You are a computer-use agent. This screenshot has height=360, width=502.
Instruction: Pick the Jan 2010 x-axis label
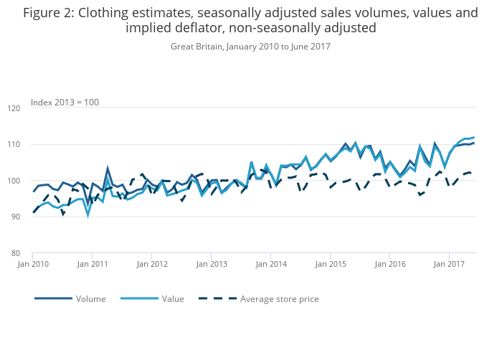click(x=33, y=264)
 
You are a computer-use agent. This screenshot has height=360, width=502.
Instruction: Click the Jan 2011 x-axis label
click(x=93, y=264)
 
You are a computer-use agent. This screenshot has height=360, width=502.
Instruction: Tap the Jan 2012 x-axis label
click(x=152, y=264)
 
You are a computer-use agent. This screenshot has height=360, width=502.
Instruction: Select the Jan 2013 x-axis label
click(x=212, y=264)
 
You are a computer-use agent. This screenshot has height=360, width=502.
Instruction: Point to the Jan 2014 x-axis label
click(x=270, y=264)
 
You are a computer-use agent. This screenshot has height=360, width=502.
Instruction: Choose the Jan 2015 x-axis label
click(x=330, y=264)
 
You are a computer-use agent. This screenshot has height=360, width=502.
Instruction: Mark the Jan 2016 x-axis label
click(x=389, y=264)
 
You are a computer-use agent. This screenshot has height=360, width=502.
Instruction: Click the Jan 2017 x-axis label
click(x=449, y=264)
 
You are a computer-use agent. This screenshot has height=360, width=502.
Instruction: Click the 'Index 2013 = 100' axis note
click(x=65, y=102)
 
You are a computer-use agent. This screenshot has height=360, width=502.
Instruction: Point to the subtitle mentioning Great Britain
click(x=250, y=46)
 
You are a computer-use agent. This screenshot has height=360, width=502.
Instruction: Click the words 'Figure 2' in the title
click(x=49, y=13)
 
